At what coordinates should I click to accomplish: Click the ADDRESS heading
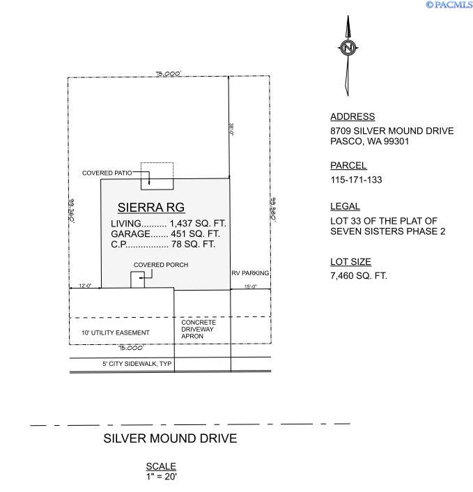[x=352, y=117]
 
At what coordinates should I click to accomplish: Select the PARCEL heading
[x=348, y=166]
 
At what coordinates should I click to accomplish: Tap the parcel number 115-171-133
[x=356, y=180]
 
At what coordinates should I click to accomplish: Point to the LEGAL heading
[x=345, y=206]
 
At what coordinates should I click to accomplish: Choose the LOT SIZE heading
[x=350, y=262]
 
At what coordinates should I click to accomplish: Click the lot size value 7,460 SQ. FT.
[x=359, y=276]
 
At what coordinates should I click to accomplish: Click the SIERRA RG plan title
[x=150, y=207]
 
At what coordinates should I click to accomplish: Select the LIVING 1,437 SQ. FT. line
[x=169, y=224]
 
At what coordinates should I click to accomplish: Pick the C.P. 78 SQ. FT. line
[x=163, y=245]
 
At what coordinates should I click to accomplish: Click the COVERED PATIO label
[x=107, y=173]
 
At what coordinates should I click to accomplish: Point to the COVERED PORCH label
[x=161, y=266]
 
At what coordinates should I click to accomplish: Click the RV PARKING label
[x=250, y=273]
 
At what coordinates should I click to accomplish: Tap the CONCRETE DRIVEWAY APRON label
[x=199, y=329]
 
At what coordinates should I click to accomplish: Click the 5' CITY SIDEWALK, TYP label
[x=137, y=364]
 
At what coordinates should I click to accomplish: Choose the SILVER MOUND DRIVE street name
[x=170, y=438]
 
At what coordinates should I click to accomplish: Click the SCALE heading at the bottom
[x=161, y=466]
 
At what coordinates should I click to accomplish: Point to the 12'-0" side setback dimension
[x=85, y=286]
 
